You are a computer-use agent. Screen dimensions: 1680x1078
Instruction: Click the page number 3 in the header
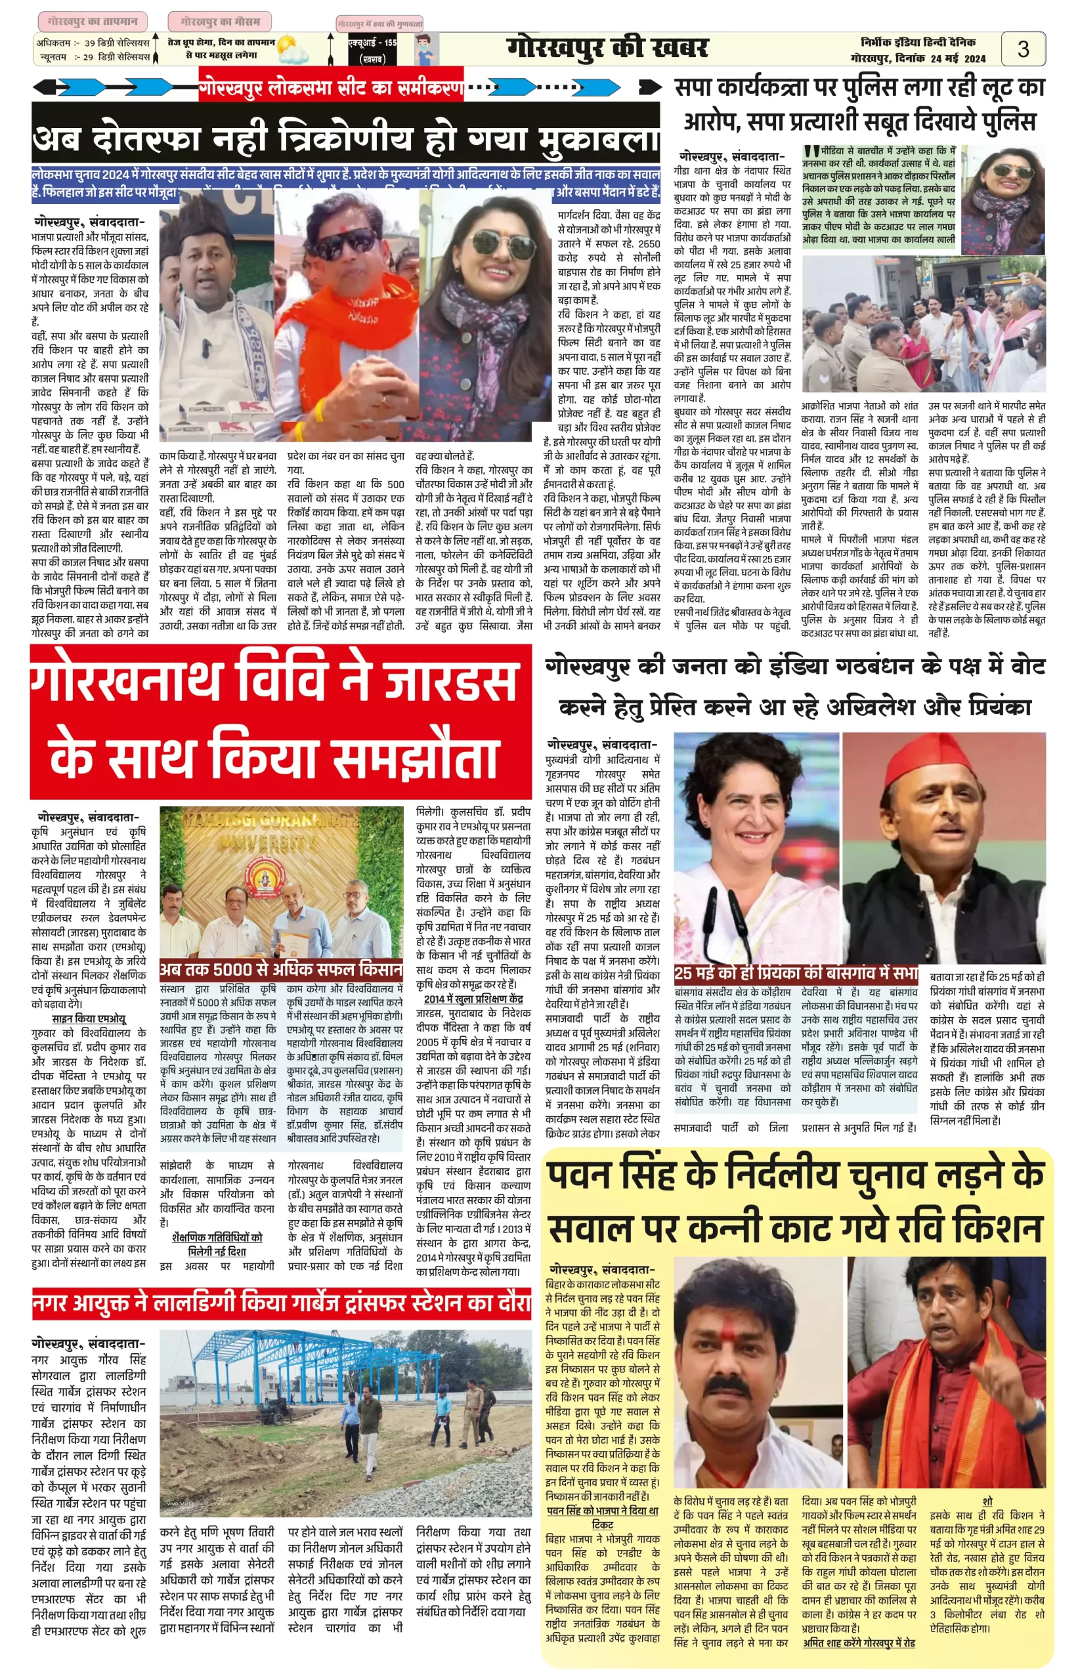1023,49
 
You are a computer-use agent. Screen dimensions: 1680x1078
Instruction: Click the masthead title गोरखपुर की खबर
607,49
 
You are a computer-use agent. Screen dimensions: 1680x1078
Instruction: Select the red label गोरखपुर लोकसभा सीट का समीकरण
330,87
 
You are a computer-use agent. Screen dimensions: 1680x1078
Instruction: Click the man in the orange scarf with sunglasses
343,315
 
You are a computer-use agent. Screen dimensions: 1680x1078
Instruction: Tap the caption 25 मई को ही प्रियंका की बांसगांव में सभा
796,973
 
